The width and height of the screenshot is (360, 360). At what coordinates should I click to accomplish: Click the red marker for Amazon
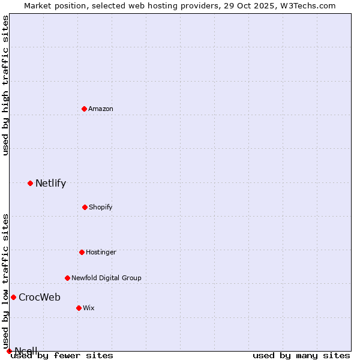[x=84, y=109]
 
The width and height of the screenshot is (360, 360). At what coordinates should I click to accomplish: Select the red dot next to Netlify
[x=30, y=183]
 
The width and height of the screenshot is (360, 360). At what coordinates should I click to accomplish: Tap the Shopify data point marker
[x=85, y=207]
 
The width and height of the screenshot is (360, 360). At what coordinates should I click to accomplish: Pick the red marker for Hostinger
[x=82, y=252]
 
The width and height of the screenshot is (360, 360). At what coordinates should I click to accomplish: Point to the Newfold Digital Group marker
[x=67, y=278]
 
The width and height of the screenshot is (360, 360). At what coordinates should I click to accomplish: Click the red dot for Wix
[x=79, y=308]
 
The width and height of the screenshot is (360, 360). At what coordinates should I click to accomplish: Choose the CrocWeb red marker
[x=13, y=297]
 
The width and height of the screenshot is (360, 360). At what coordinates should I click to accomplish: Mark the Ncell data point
[x=9, y=351]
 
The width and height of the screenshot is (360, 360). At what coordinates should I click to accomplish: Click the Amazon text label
[x=101, y=109]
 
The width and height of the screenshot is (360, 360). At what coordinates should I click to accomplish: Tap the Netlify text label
[x=50, y=183]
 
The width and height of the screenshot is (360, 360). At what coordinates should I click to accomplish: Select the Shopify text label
[x=101, y=207]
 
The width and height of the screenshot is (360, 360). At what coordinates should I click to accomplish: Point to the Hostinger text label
[x=101, y=252]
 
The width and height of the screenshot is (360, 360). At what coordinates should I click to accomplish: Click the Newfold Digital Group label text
[x=106, y=278]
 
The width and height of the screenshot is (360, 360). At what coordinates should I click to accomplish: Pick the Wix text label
[x=89, y=308]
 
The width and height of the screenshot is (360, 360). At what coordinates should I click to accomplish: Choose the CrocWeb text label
[x=40, y=297]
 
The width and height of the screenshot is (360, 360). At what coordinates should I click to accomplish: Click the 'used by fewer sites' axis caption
[x=62, y=355]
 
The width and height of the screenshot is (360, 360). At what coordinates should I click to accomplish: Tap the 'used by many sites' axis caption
[x=301, y=355]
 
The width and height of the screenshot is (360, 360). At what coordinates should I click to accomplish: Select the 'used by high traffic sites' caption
[x=5, y=85]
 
